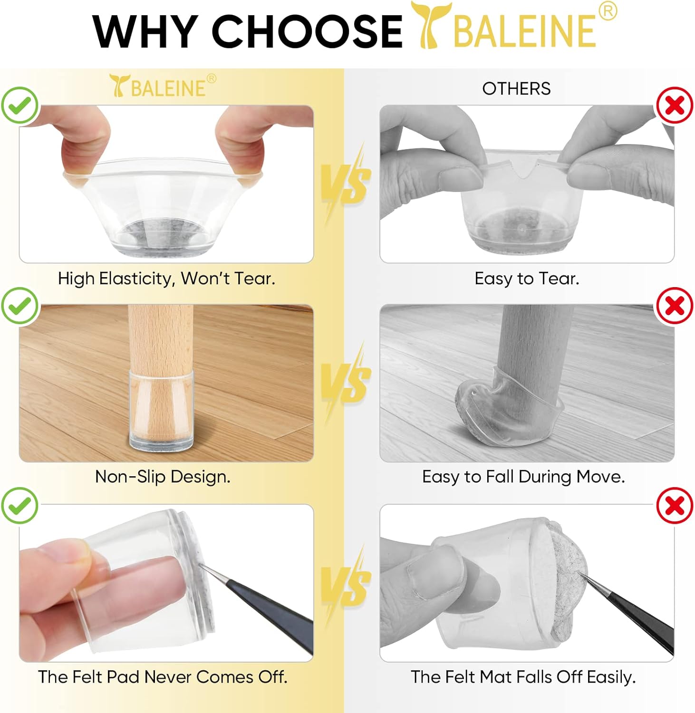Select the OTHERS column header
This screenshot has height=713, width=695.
516,88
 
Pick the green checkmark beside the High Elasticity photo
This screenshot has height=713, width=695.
19,106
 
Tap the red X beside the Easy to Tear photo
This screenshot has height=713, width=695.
675,106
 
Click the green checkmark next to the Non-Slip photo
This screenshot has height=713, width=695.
19,306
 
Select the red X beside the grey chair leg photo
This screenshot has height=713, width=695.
675,306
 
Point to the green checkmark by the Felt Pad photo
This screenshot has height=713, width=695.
19,505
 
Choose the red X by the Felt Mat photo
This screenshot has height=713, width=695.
675,505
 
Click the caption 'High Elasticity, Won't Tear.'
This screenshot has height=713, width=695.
166,279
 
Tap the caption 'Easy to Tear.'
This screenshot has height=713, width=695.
527,279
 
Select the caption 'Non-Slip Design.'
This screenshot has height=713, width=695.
163,477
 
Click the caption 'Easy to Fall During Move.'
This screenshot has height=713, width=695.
523,477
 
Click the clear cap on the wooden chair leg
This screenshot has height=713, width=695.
162,409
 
